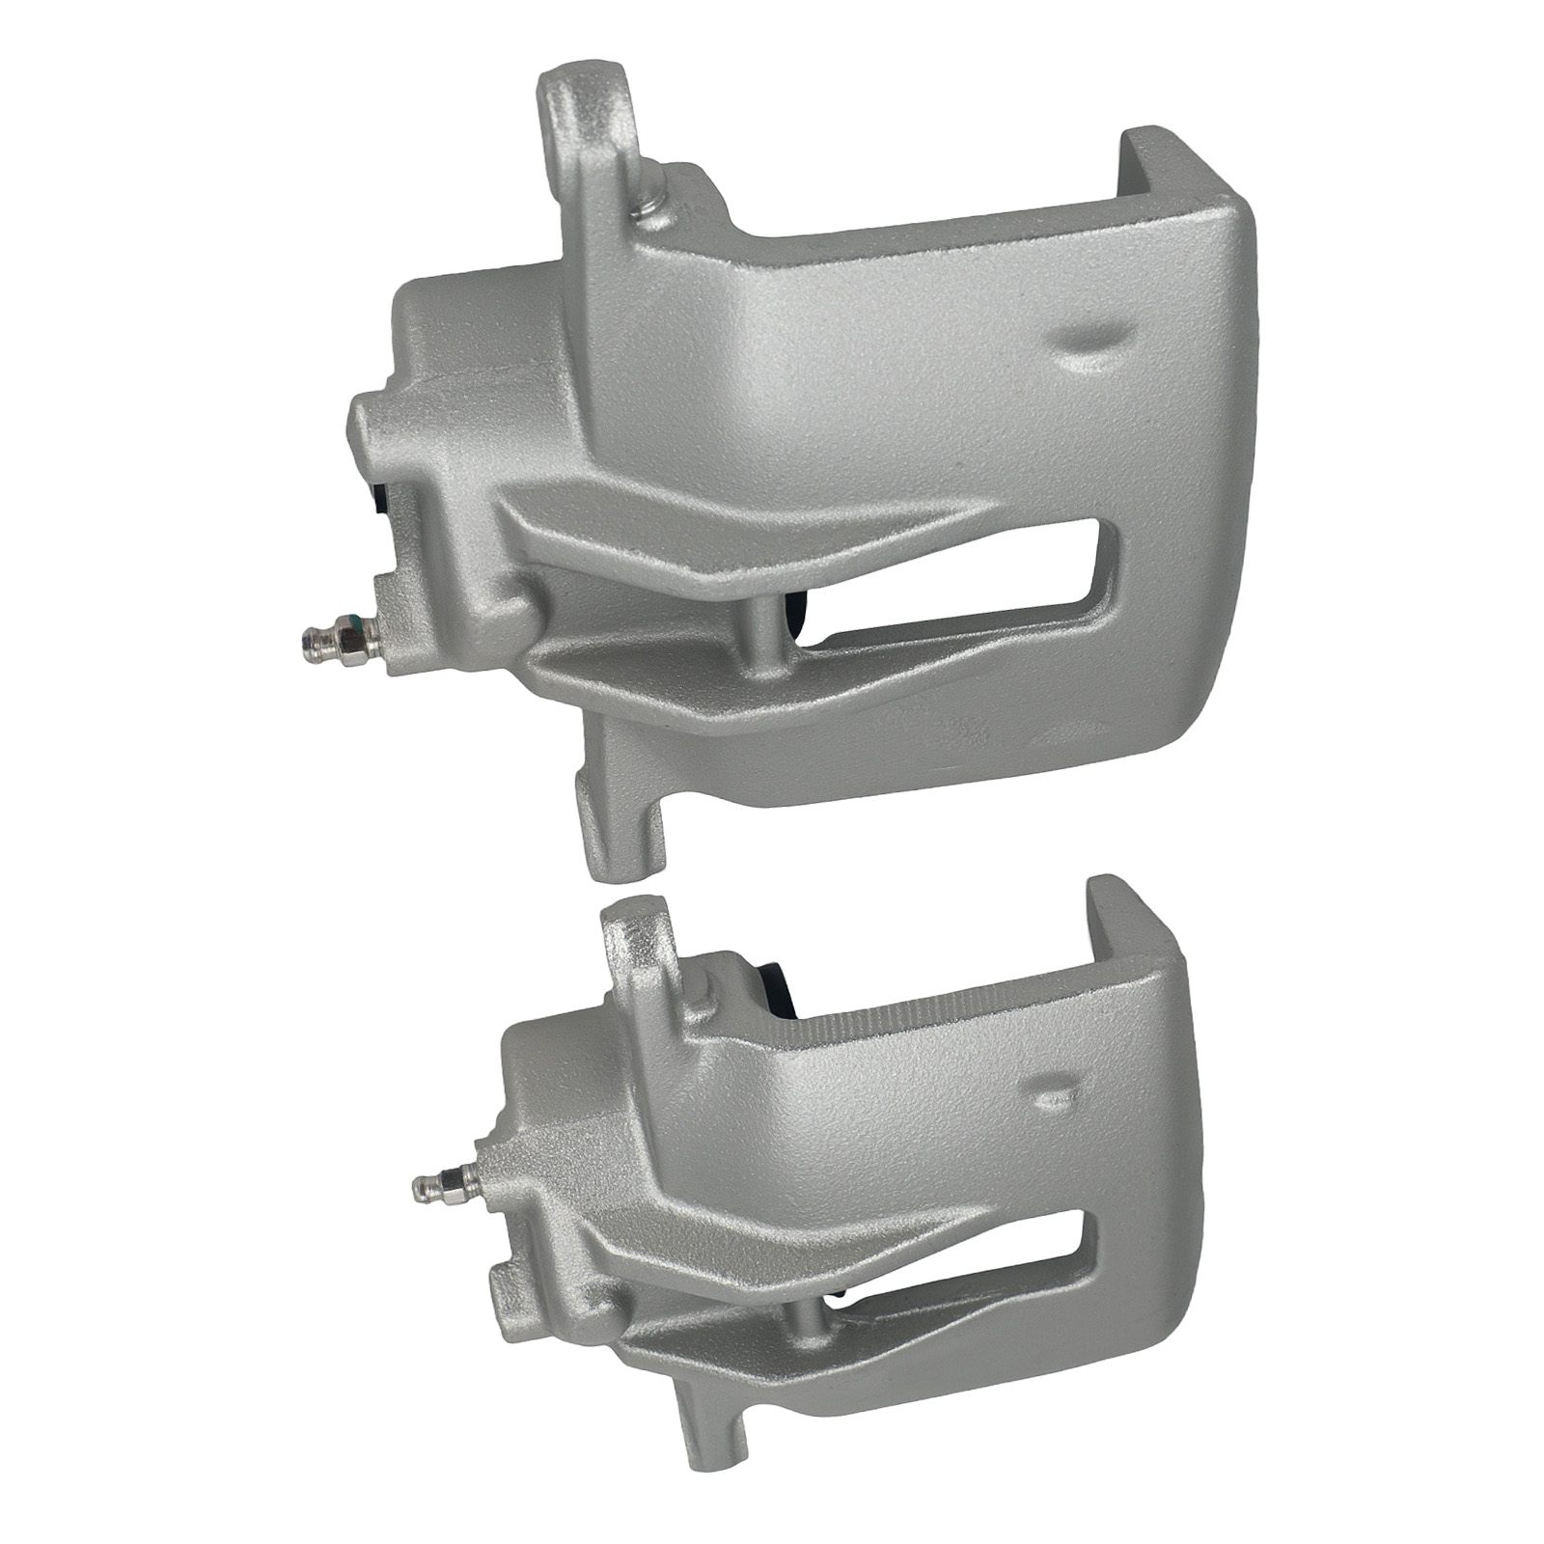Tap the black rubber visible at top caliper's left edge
coord(380,507)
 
